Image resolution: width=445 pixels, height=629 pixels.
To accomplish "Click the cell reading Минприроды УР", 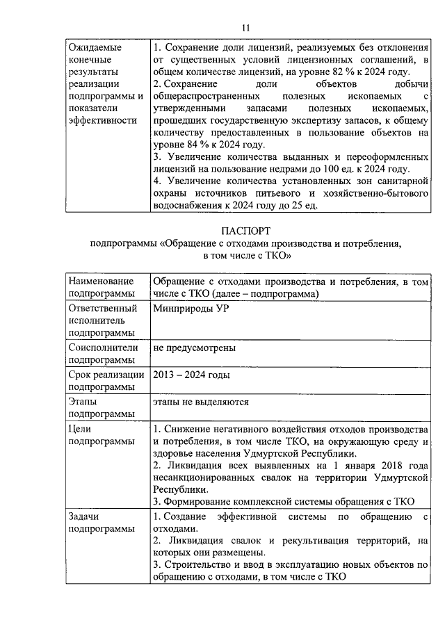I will pos(190,309).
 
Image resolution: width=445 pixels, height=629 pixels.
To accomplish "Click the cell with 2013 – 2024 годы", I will pos(191,375).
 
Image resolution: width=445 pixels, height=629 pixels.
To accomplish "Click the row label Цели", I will pos(81,429).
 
